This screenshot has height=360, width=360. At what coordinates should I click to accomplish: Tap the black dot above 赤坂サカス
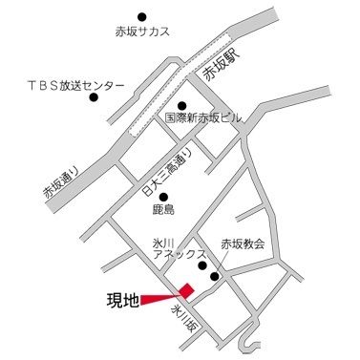click(x=142, y=16)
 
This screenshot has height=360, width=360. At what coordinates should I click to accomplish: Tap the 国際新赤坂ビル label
click(x=203, y=118)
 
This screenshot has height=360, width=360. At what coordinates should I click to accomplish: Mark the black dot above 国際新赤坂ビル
click(x=181, y=105)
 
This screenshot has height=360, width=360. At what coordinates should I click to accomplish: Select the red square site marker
click(x=187, y=289)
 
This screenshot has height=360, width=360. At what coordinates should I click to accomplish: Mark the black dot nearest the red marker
click(x=214, y=278)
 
